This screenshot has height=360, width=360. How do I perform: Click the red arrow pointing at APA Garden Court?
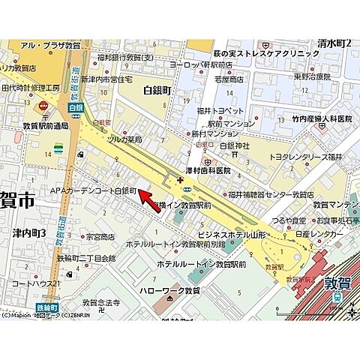153,199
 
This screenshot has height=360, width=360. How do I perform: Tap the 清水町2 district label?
334,43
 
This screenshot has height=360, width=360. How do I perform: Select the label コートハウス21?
36,284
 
